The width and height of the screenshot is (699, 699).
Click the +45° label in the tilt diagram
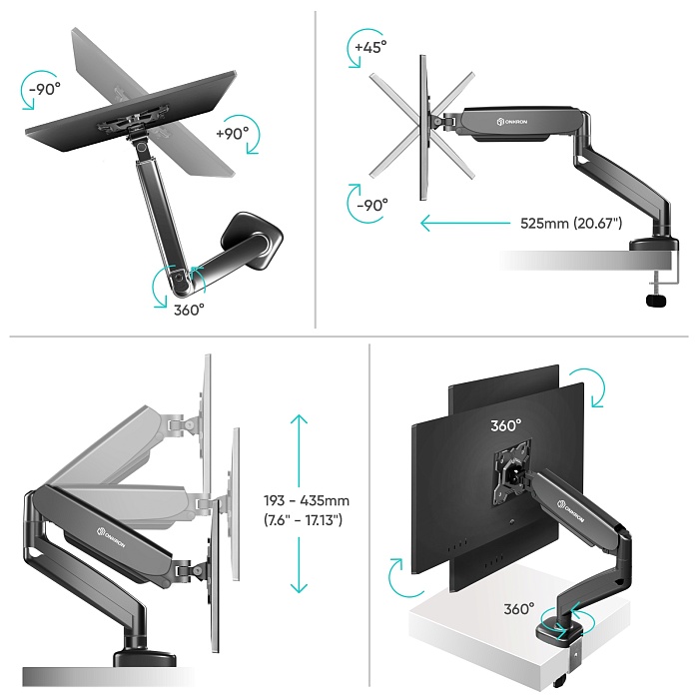coord(370,47)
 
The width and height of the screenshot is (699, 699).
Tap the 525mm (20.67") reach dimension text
coord(571,223)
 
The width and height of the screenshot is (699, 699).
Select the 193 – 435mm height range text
coord(307,500)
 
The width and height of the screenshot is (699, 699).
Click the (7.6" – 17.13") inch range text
coord(304,520)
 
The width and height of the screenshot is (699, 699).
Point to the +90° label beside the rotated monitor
coord(233,133)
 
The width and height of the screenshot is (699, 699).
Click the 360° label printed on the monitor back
coord(506,425)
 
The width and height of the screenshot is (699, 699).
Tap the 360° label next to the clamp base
coord(519,609)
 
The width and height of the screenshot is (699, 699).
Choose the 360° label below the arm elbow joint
coord(189,310)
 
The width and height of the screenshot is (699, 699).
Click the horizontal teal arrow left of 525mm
coord(465,223)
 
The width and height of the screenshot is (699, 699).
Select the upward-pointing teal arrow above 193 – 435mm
coord(299,450)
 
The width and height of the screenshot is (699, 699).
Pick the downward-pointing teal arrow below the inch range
coord(299,565)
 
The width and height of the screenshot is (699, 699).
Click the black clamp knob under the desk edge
coord(657,300)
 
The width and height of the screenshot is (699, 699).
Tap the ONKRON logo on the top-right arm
coord(512,121)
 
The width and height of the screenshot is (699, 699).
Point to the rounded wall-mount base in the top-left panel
coord(252,241)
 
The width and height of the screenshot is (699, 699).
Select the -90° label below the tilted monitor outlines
coord(372,205)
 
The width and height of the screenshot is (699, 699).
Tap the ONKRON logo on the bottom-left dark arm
coord(112,538)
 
